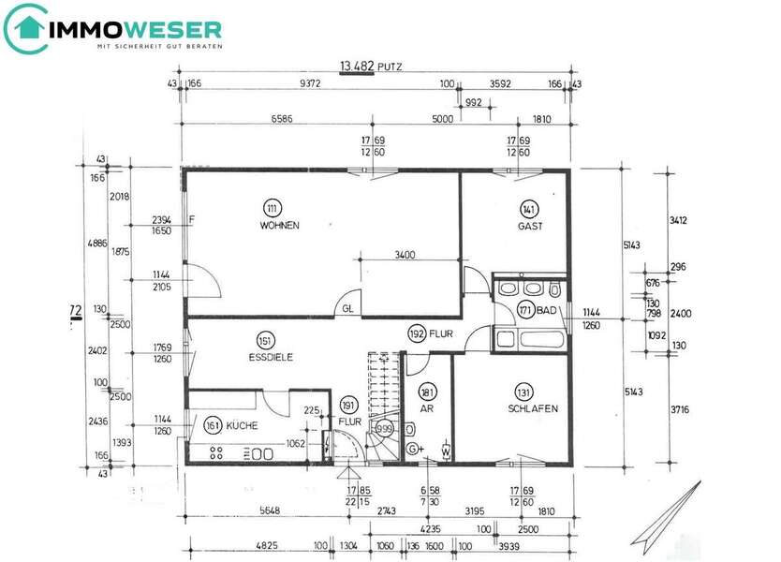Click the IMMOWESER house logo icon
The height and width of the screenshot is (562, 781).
coord(28,28)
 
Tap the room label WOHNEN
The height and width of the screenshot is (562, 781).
coord(280,226)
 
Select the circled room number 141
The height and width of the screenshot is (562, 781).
coord(529,209)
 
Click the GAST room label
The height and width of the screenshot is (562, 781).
coord(530,226)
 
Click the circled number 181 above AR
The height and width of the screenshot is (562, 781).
coord(428,393)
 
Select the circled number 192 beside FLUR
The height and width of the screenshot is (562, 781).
coord(417,333)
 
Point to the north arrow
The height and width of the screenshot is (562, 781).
coord(666,512)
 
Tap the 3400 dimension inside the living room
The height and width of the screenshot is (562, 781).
coord(405,254)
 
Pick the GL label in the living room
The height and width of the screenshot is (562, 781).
coord(347,307)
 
